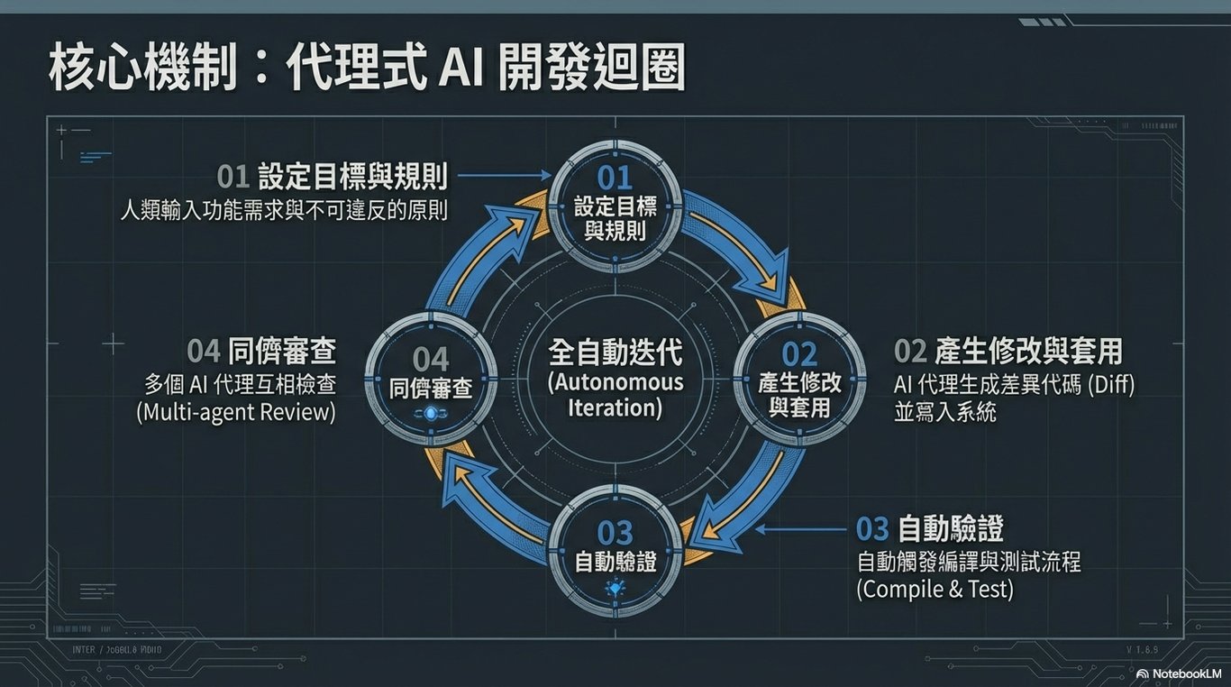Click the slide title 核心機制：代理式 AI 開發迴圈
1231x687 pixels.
[x=366, y=68]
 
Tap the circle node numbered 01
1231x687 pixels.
[x=615, y=204]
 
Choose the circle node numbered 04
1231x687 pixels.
[x=431, y=376]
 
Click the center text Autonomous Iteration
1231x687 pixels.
[x=615, y=394]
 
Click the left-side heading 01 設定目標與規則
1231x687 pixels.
[x=333, y=176]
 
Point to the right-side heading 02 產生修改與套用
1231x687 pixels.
[x=1008, y=351]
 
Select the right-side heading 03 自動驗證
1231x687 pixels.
[x=930, y=527]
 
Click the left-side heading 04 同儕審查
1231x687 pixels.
[x=261, y=350]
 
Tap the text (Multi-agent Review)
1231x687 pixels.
[x=236, y=413]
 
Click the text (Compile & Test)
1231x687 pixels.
[x=935, y=590]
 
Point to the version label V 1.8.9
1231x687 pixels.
[x=1144, y=649]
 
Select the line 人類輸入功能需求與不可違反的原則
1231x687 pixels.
[x=285, y=210]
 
